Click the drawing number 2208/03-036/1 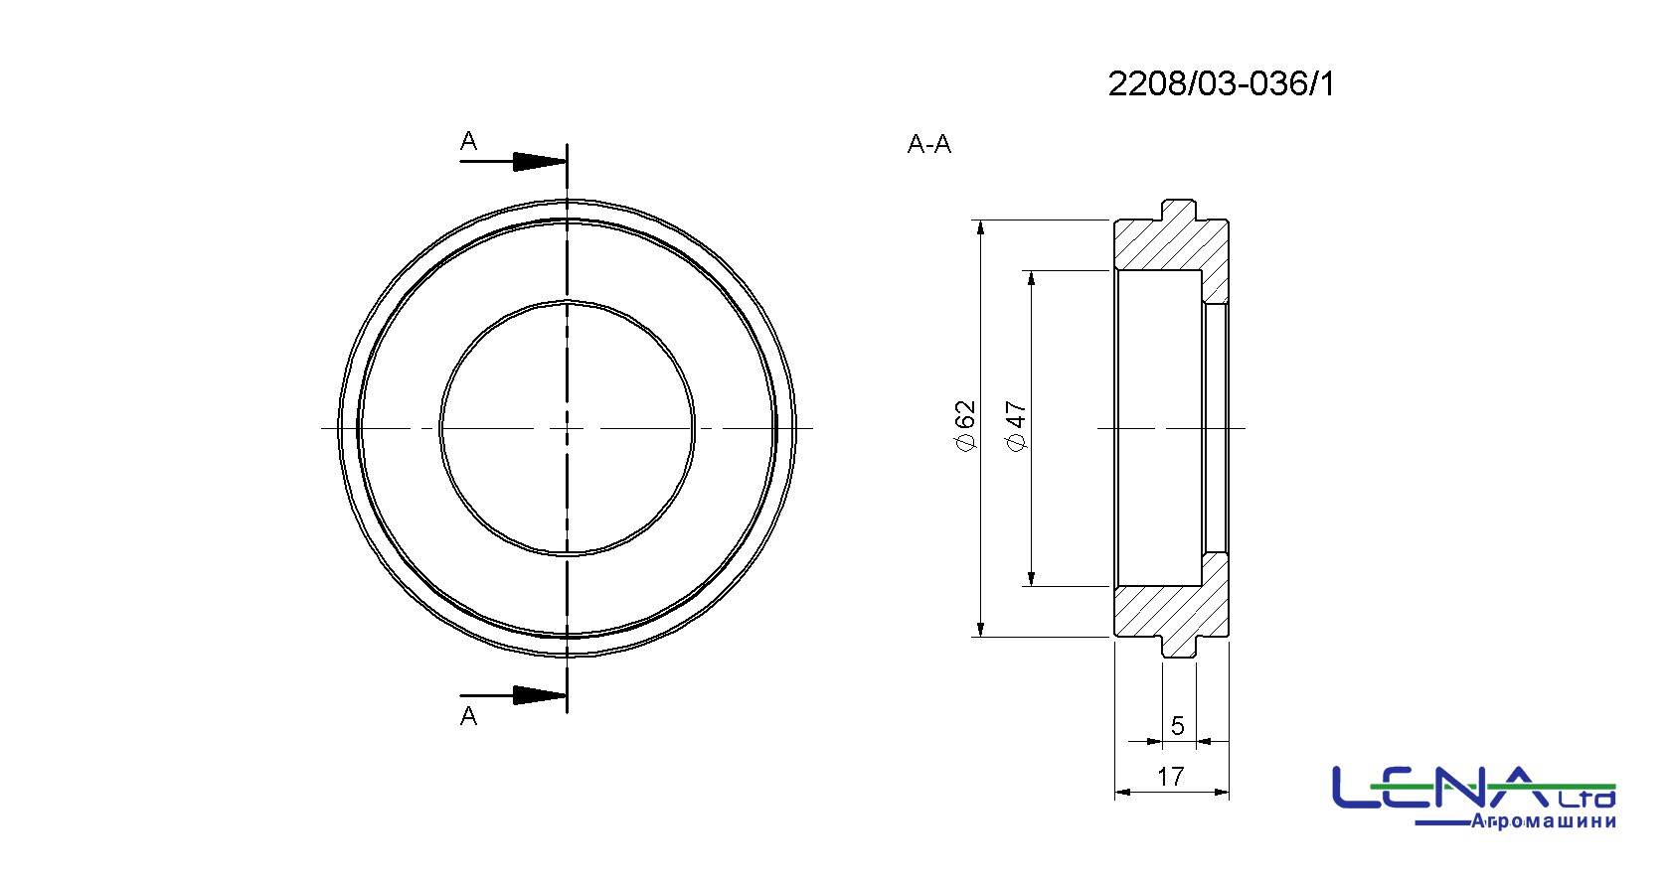pos(1222,84)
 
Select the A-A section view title pos(928,143)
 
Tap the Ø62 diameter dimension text pos(964,425)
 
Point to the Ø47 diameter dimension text pos(1016,426)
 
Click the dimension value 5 pos(1177,725)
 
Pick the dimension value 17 pos(1171,777)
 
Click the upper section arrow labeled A pos(514,161)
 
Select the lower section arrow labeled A pos(514,696)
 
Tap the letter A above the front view pos(468,140)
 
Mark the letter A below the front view pos(468,716)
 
